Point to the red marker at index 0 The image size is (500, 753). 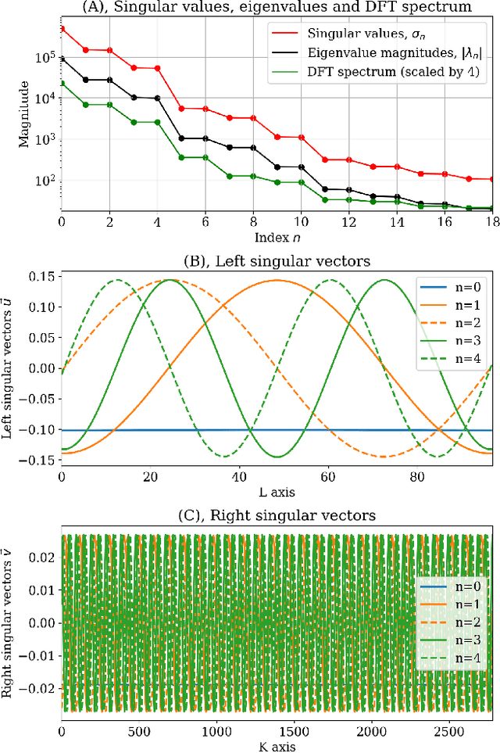62,29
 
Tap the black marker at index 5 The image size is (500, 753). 182,138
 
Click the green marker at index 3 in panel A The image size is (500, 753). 134,122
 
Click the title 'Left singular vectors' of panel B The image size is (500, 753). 277,252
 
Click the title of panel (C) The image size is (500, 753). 277,516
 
